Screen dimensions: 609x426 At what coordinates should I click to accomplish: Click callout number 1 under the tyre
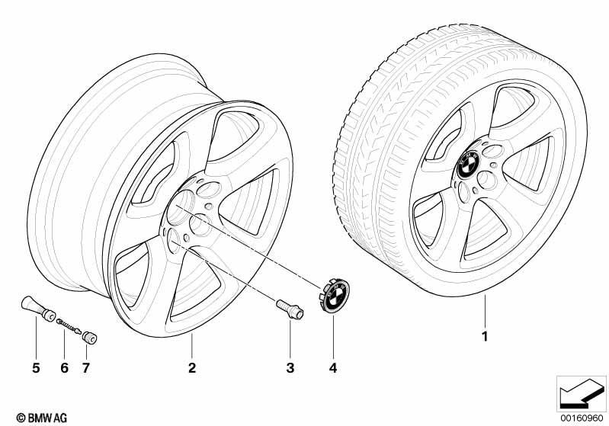click(x=484, y=336)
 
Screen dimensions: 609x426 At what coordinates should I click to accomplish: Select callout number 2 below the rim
click(x=192, y=368)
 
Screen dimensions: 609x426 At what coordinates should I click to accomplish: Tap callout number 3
click(x=290, y=368)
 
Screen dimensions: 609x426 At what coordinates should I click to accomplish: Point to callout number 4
click(x=333, y=368)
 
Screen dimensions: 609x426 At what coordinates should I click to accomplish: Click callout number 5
click(x=36, y=368)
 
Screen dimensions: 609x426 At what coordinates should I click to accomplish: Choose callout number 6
click(x=65, y=368)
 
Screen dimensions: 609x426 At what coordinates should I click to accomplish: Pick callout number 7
click(x=86, y=368)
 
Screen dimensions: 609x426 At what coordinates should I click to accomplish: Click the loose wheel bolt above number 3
click(x=290, y=309)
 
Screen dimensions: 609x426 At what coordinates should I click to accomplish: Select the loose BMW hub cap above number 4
click(x=335, y=295)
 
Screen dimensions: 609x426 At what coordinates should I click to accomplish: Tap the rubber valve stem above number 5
click(x=38, y=309)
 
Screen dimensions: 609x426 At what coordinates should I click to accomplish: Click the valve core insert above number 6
click(x=69, y=326)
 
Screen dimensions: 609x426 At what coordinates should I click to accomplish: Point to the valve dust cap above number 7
click(x=90, y=337)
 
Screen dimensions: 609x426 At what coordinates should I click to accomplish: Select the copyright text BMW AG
click(x=42, y=418)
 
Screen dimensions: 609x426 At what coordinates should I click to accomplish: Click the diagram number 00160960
click(x=582, y=418)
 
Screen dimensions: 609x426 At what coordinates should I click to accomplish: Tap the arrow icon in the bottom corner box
click(x=582, y=394)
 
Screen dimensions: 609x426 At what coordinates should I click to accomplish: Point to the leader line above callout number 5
click(x=36, y=338)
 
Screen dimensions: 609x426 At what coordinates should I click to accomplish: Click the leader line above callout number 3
click(x=290, y=339)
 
